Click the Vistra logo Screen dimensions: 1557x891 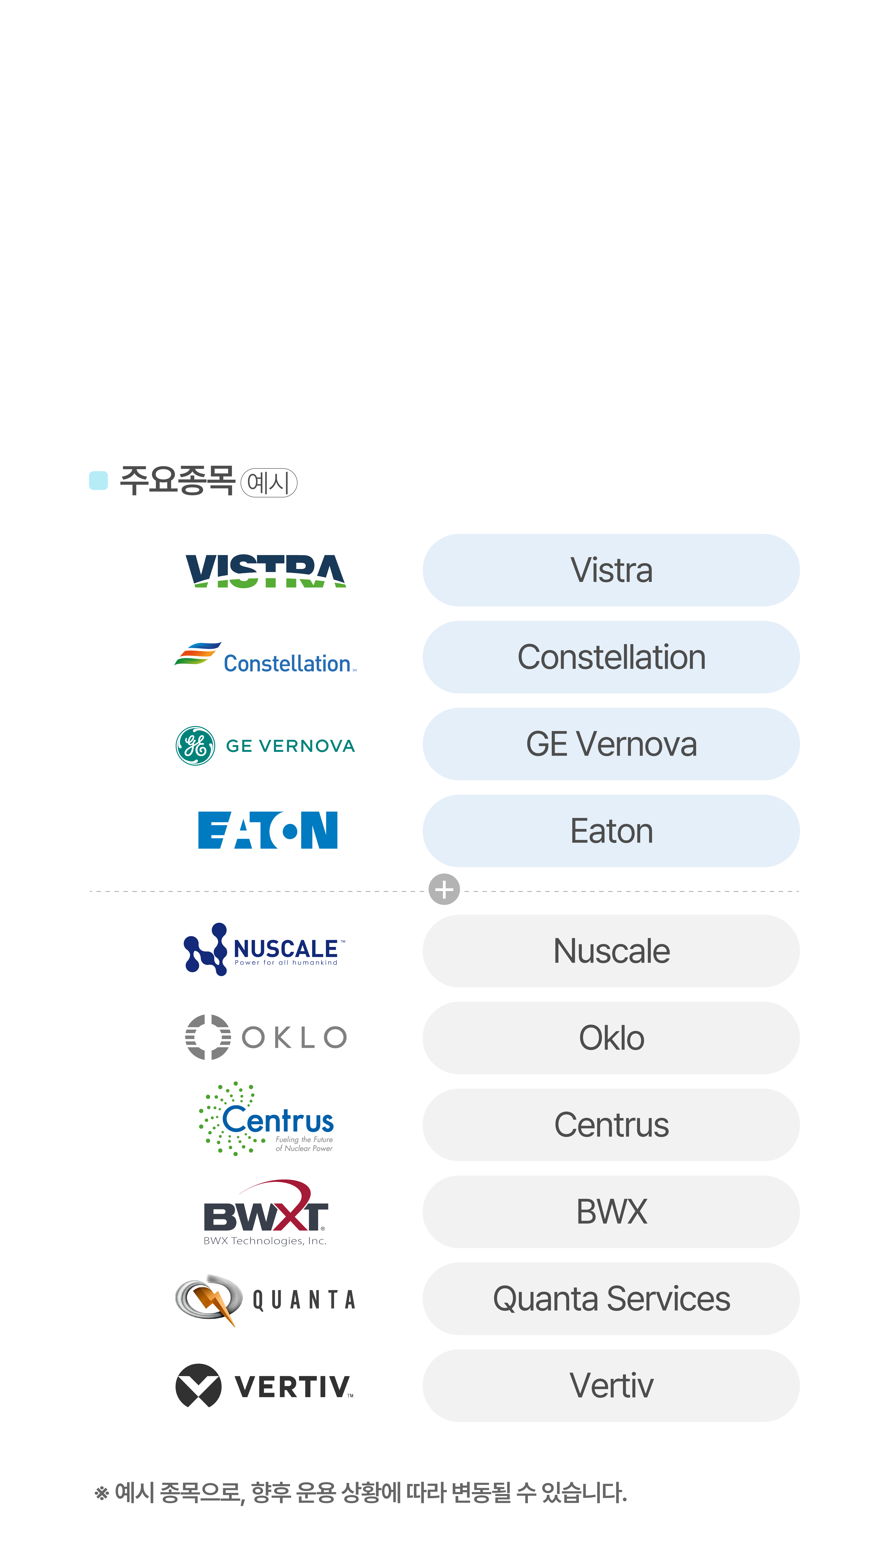[x=266, y=571]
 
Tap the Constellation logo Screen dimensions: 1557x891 [x=265, y=657]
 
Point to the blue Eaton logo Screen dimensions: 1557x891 [x=267, y=830]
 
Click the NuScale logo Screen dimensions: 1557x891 [x=264, y=949]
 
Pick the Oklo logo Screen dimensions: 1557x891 [x=266, y=1037]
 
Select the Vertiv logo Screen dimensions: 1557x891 [x=264, y=1385]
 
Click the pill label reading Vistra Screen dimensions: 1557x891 [x=611, y=570]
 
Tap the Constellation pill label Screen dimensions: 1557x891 [x=611, y=657]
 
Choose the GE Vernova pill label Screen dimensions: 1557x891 [x=611, y=744]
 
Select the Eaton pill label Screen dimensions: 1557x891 [x=611, y=831]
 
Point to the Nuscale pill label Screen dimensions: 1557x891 [x=611, y=951]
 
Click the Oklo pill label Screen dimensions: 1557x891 [x=611, y=1037]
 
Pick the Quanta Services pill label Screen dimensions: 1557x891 [x=611, y=1298]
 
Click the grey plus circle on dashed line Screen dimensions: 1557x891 [x=444, y=889]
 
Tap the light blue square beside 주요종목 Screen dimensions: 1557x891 [x=99, y=480]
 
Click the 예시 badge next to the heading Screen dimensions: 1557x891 [x=269, y=483]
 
